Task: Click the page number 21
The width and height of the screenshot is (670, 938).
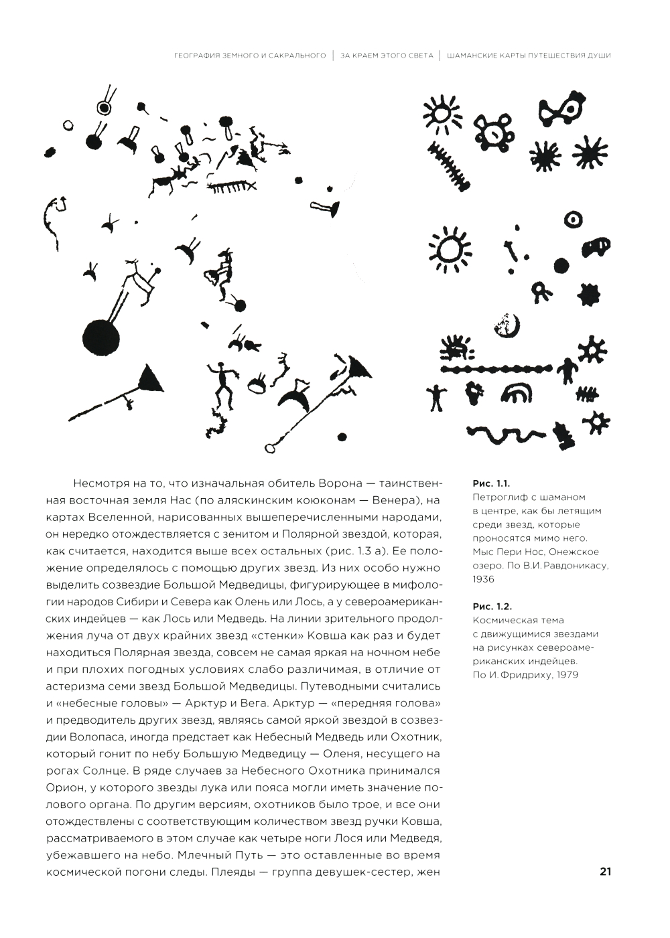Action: click(x=606, y=871)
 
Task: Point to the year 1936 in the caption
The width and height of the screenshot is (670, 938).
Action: click(x=483, y=579)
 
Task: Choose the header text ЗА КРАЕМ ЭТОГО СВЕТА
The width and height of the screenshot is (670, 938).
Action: click(x=387, y=55)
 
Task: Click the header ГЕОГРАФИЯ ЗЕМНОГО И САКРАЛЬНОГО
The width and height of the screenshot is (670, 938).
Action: click(x=249, y=55)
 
